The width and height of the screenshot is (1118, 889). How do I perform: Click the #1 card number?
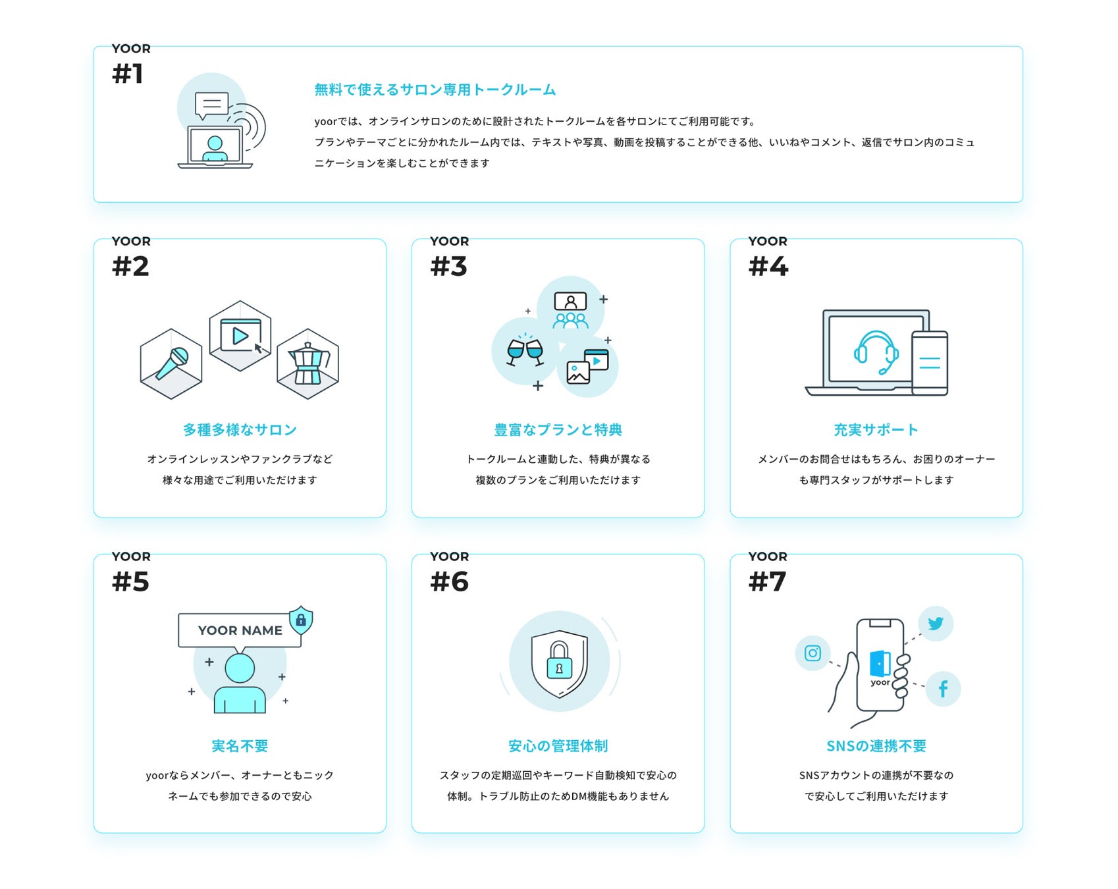pos(128,74)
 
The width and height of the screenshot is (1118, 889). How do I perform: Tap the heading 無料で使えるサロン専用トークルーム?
pos(435,90)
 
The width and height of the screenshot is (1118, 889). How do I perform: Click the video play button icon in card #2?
pos(240,336)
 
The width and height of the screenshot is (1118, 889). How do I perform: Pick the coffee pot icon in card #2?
pos(307,363)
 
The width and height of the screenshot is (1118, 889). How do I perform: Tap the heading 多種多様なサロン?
pos(240,430)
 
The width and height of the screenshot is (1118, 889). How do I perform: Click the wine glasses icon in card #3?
pos(525,350)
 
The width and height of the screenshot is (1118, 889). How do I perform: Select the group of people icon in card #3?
pos(570,311)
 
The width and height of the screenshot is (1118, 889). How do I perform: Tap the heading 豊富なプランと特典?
pos(558,430)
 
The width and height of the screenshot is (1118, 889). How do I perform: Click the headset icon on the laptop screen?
pos(876,352)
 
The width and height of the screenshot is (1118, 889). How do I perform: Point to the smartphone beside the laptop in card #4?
pos(930,363)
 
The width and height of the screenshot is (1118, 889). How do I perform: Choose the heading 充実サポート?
pos(876,430)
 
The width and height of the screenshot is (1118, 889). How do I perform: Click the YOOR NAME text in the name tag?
pos(240,630)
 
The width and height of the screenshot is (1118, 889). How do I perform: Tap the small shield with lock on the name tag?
pos(301,620)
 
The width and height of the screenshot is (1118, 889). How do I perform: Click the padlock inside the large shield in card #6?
pos(559,660)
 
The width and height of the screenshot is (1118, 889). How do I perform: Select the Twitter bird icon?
pos(936,623)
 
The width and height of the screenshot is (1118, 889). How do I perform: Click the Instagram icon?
pos(812,653)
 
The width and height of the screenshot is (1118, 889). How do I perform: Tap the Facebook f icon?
pos(943,689)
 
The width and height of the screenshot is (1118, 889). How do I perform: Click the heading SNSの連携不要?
pos(876,746)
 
